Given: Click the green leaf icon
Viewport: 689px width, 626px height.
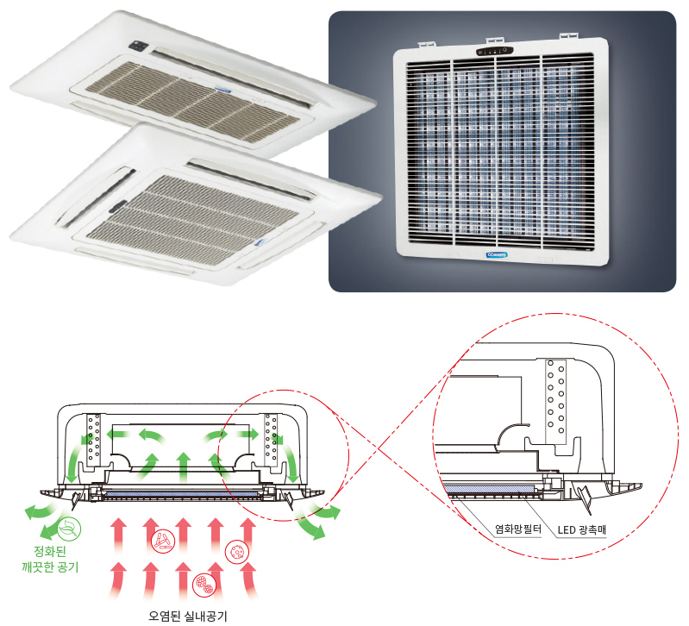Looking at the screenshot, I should coord(67,529).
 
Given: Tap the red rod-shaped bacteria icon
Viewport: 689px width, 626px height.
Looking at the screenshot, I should coord(161,541).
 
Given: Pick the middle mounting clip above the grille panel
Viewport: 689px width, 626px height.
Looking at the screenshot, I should coord(494,40).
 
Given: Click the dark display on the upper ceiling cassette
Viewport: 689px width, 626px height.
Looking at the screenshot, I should coord(139,44).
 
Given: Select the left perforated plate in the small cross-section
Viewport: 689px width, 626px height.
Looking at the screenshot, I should coord(94,440).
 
